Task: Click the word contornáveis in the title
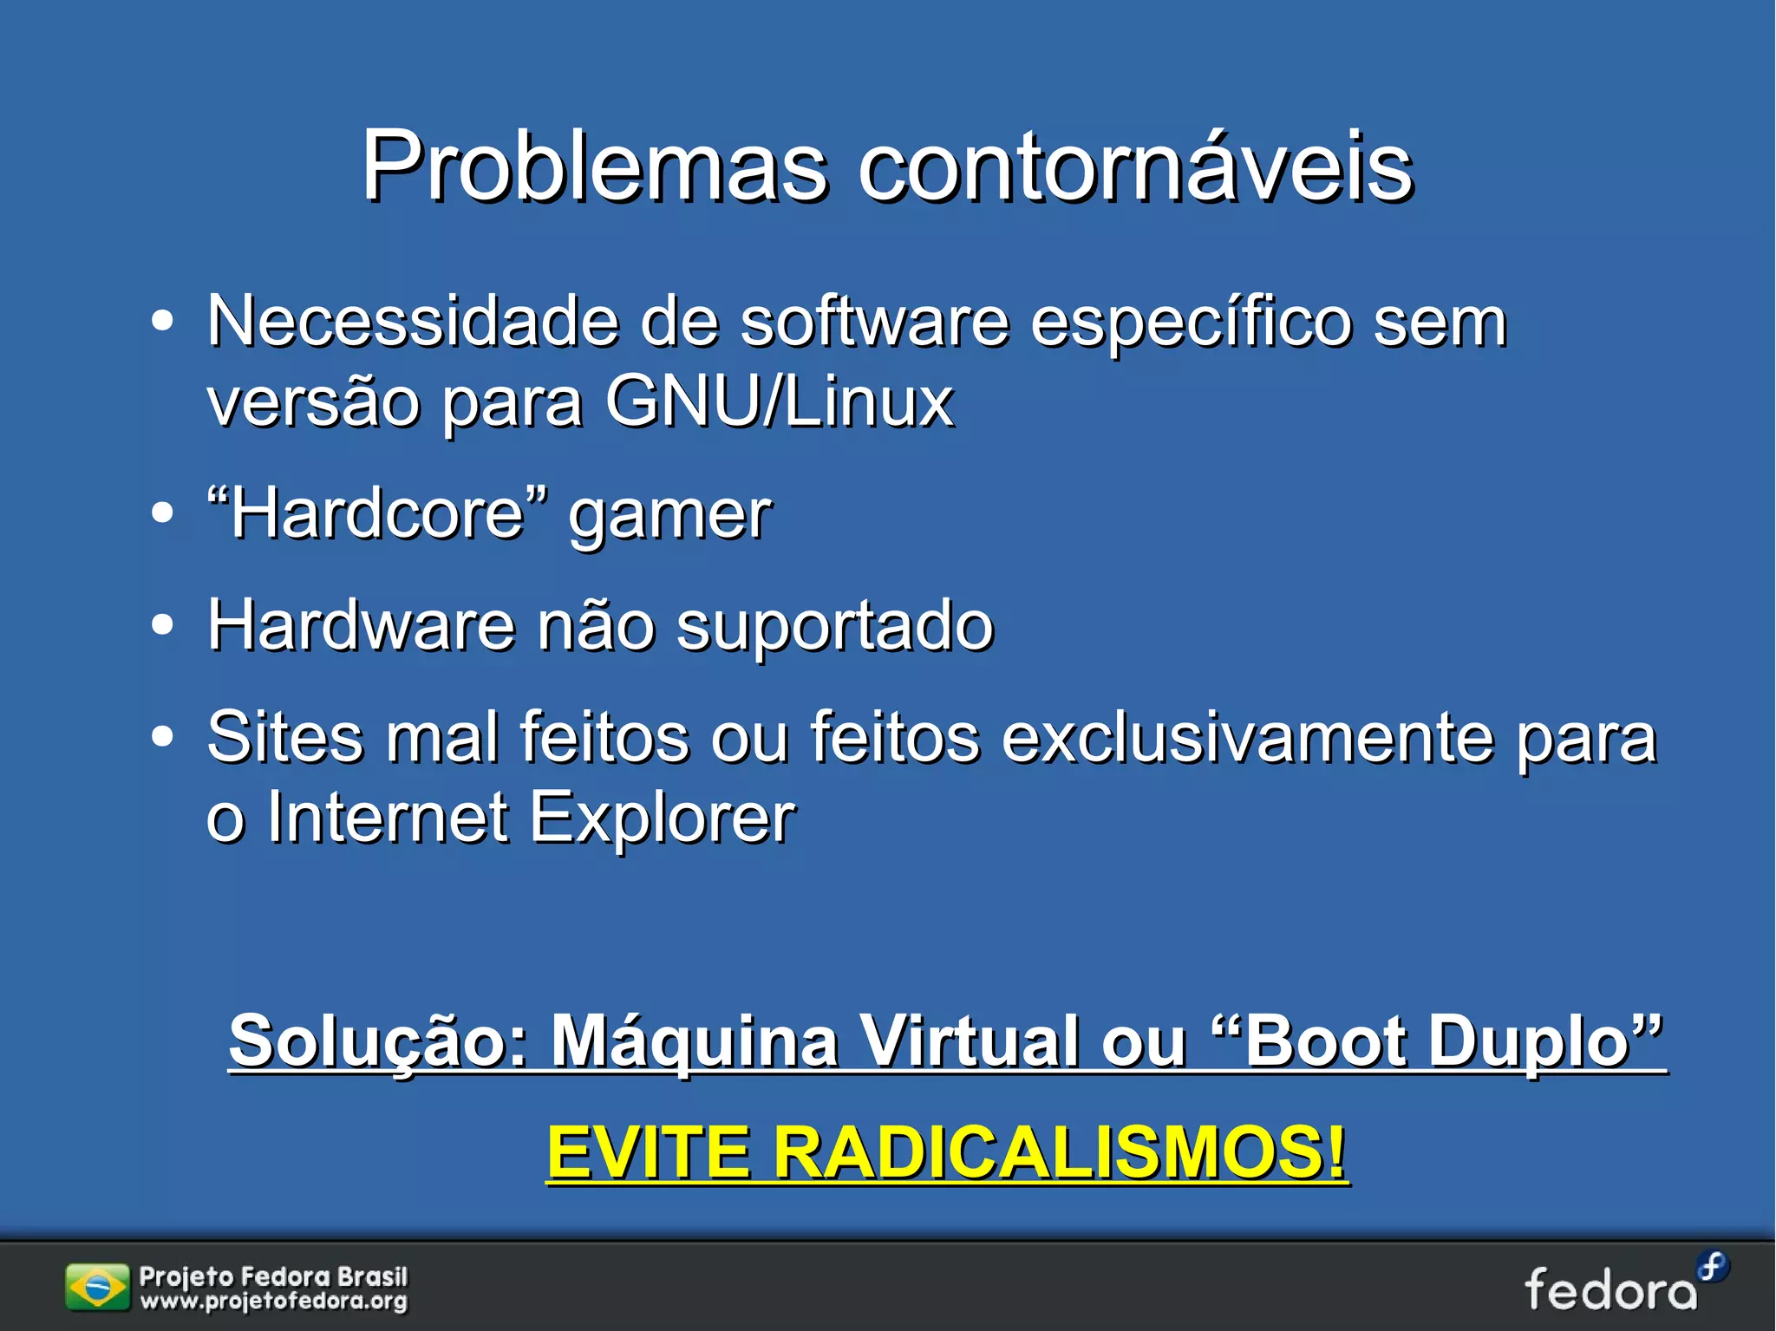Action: click(1135, 166)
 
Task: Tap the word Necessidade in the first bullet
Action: click(413, 323)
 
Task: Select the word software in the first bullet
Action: click(875, 323)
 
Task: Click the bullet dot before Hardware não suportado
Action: click(162, 625)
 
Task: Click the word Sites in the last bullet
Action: click(285, 738)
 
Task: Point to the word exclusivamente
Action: click(1249, 738)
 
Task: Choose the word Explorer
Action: click(662, 819)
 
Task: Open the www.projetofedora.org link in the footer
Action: click(273, 1302)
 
